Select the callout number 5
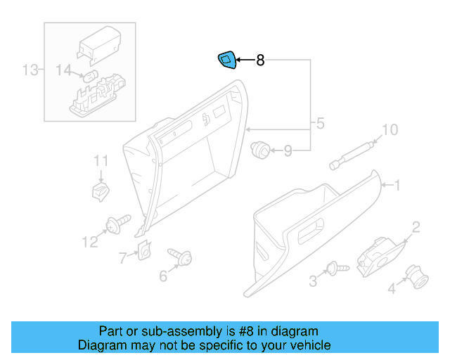[x=320, y=124]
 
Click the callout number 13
[x=30, y=70]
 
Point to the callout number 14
[x=64, y=70]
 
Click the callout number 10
[x=389, y=129]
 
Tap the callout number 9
[x=288, y=150]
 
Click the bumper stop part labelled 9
[x=261, y=148]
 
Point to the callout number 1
[x=397, y=185]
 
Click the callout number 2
[x=416, y=226]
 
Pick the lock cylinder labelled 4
[x=417, y=276]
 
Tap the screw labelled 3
[x=337, y=269]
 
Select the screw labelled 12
[x=117, y=223]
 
